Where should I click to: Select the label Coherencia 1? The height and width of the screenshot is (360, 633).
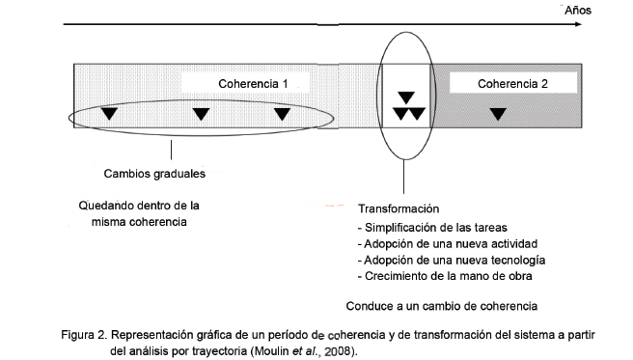click(253, 84)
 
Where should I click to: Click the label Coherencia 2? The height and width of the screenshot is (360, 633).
click(512, 84)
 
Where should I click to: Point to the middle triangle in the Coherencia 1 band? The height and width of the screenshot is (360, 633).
click(201, 115)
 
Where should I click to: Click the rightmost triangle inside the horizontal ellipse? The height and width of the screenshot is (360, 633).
click(282, 115)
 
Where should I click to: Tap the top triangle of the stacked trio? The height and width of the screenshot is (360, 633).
click(407, 97)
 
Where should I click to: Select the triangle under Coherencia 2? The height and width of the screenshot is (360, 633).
click(497, 115)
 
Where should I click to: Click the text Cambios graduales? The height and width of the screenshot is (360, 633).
click(154, 175)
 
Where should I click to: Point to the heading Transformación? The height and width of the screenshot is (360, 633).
click(399, 208)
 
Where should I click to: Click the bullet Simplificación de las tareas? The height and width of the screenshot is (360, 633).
click(427, 227)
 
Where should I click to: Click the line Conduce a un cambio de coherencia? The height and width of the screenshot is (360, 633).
click(441, 308)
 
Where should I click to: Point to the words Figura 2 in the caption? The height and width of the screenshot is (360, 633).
click(83, 334)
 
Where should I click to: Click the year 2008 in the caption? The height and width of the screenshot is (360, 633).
click(339, 351)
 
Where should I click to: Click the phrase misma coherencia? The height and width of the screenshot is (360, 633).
click(141, 222)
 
